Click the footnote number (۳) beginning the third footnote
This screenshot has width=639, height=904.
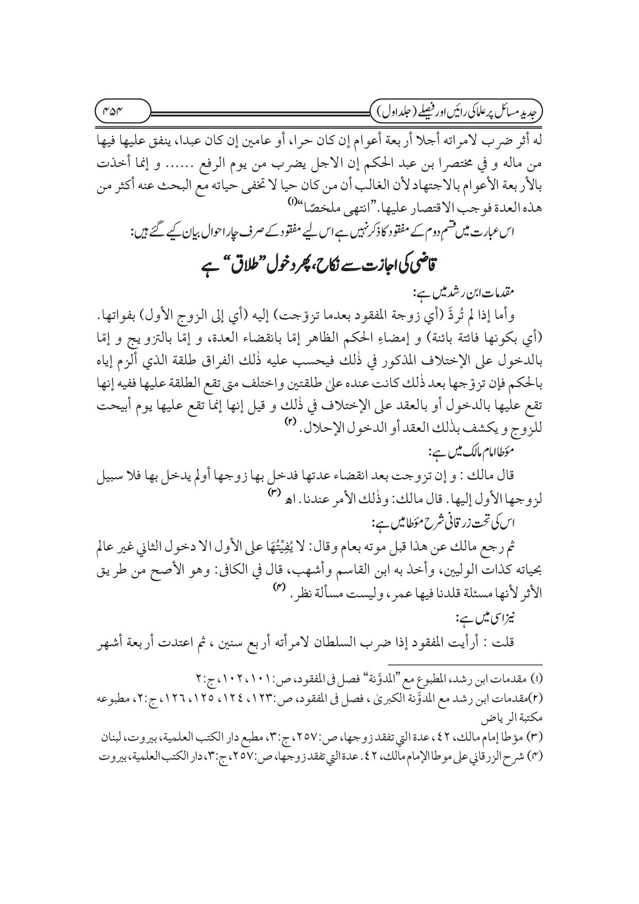(x=536, y=739)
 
